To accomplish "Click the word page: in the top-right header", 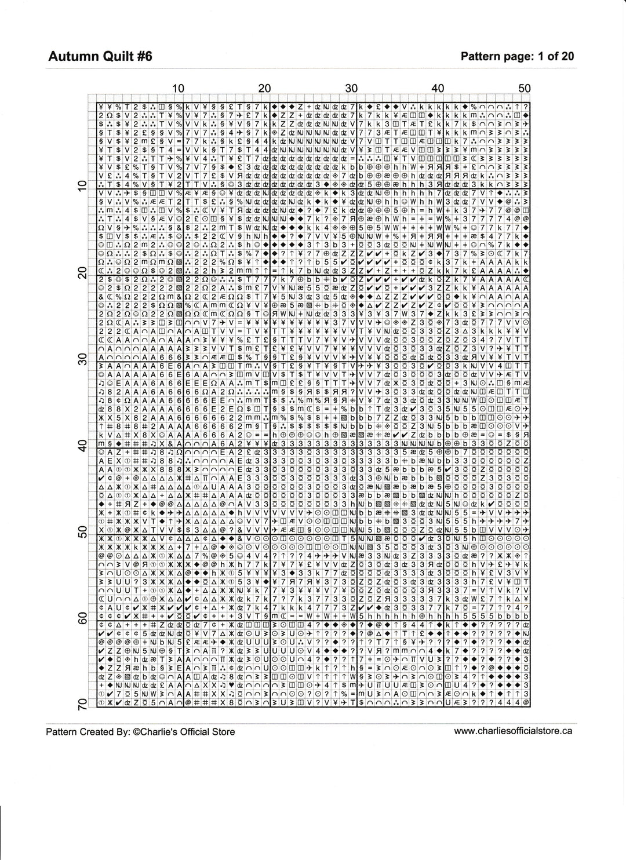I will pyautogui.click(x=517, y=56).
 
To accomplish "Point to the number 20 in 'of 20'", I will pyautogui.click(x=567, y=56).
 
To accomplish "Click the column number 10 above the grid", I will pyautogui.click(x=179, y=88).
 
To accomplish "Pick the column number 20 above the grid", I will pyautogui.click(x=265, y=88).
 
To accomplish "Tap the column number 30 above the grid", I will pyautogui.click(x=351, y=88).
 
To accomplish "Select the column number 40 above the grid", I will pyautogui.click(x=438, y=88).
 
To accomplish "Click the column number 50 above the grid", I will pyautogui.click(x=524, y=88).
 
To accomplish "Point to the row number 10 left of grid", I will pyautogui.click(x=82, y=186).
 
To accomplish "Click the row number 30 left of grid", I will pyautogui.click(x=82, y=359).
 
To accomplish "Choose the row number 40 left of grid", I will pyautogui.click(x=82, y=445).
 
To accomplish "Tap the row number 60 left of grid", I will pyautogui.click(x=82, y=618).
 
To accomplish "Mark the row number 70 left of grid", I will pyautogui.click(x=82, y=704).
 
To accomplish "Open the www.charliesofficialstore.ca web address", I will pyautogui.click(x=513, y=731).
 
